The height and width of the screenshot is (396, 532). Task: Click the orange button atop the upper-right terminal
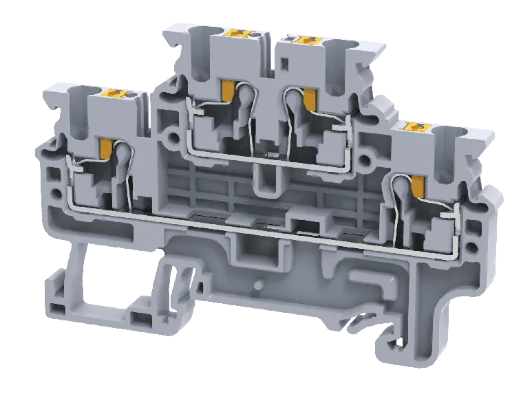point(301,40)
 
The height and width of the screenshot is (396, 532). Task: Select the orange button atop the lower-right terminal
point(414,127)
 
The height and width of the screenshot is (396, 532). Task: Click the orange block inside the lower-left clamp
point(107,147)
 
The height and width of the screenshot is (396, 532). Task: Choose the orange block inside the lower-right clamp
point(418,184)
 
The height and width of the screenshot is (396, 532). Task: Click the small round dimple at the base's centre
point(260,283)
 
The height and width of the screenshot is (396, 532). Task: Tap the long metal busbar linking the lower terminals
point(234,219)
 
